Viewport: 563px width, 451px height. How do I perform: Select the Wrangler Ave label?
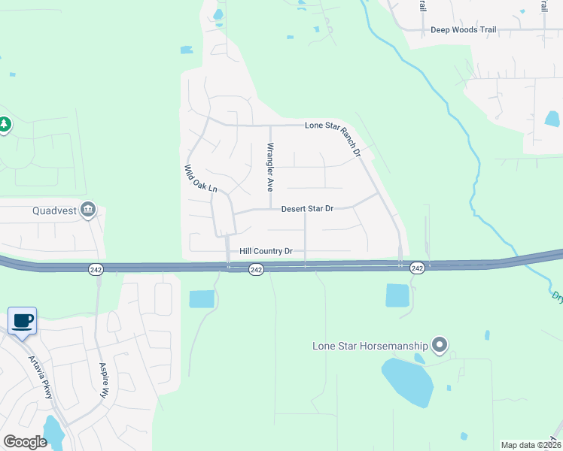pos(270,165)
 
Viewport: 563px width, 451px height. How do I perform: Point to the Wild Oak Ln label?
pos(201,178)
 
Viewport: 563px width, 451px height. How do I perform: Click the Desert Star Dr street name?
pos(307,208)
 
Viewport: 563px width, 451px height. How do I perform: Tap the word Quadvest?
pos(55,210)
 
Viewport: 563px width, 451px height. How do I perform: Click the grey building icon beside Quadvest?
pos(89,209)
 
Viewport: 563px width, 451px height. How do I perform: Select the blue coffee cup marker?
pos(22,321)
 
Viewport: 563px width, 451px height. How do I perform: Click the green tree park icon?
pos(5,123)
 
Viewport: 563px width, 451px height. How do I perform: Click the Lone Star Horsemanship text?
pos(370,346)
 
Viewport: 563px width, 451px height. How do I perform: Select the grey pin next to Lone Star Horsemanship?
pos(440,346)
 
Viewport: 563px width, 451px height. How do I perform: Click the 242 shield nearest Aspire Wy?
pos(96,269)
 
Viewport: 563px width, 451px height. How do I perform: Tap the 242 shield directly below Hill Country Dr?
pos(256,269)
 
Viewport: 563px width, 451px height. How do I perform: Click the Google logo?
pos(25,442)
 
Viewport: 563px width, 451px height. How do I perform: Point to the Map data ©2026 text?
pos(531,445)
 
